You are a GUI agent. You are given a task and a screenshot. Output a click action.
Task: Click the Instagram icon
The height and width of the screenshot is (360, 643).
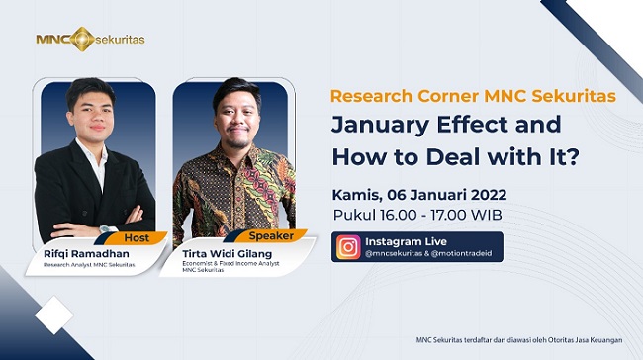coord(348,247)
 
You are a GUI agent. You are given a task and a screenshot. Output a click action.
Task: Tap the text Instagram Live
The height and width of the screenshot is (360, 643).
coord(406,241)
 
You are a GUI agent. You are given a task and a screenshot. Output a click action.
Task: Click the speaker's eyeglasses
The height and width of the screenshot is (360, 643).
coord(230,113)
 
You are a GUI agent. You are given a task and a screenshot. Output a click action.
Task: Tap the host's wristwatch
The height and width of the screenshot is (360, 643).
coord(107,228)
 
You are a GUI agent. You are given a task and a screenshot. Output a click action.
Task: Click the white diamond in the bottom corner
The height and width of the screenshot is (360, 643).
coord(53,315)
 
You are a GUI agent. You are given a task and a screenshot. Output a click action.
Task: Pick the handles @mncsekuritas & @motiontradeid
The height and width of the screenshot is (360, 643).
coord(433,256)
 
